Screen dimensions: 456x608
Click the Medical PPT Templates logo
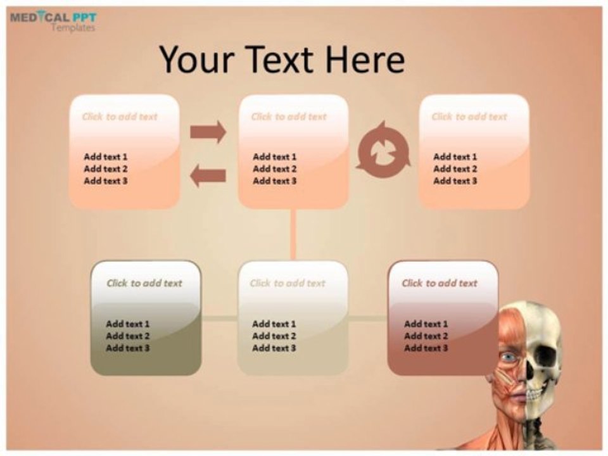click(53, 20)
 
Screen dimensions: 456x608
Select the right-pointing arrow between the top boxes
click(208, 132)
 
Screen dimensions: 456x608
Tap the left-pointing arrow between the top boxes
click(208, 175)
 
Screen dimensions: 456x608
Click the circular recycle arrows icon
click(383, 149)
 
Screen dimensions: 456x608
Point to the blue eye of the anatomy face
click(509, 358)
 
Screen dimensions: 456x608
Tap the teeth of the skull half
click(535, 395)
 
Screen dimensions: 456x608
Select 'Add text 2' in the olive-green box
click(128, 336)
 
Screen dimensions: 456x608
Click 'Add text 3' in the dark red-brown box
click(426, 348)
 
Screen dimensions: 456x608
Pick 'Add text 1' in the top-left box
click(106, 156)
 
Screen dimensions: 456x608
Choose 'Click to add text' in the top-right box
click(469, 117)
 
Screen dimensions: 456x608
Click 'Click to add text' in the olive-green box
click(144, 283)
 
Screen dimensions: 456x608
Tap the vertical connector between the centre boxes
click(293, 234)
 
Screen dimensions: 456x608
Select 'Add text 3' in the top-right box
click(455, 181)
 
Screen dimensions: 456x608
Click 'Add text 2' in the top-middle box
click(275, 169)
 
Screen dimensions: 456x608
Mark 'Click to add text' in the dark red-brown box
click(440, 283)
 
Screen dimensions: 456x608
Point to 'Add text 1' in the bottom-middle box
click(274, 324)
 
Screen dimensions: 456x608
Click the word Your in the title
click(197, 60)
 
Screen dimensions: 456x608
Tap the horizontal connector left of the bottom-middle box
click(220, 319)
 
